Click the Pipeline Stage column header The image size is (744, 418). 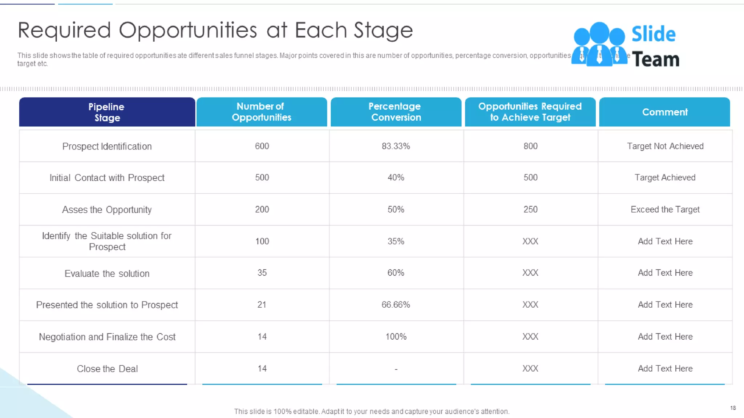coord(107,112)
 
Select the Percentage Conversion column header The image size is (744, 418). coord(396,112)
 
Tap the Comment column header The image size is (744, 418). coord(664,112)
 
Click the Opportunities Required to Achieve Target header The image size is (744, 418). coord(530,112)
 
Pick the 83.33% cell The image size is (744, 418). coord(396,146)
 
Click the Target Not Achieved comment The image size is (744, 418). coord(665,146)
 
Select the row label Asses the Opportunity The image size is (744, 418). coord(107,210)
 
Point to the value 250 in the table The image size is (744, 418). coord(530,209)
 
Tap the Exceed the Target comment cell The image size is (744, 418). coord(665,209)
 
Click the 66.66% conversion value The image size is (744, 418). coord(396,305)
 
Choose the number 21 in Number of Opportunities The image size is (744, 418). coord(262,305)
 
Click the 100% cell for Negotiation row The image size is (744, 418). coord(396,337)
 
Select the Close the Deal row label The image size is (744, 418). coord(107,369)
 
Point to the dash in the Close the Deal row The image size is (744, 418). coord(396,369)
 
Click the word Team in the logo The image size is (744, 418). coord(655,60)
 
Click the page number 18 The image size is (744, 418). coord(733,408)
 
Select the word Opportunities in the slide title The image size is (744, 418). coord(188,30)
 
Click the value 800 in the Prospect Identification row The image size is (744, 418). coord(530,146)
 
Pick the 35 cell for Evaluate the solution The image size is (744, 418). coord(262,273)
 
